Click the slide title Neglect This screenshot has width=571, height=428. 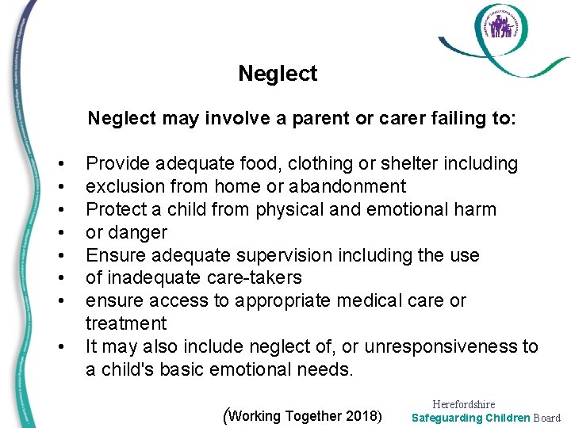pos(278,74)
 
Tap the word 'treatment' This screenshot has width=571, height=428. pos(126,323)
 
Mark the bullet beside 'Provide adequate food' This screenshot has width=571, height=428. pos(62,164)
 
